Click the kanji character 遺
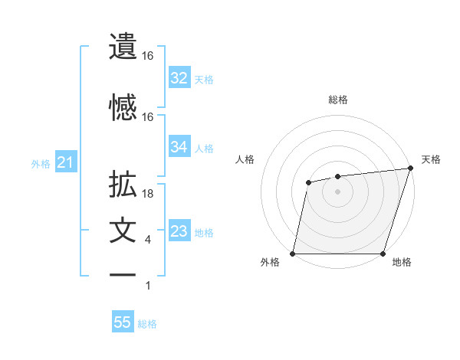click(123, 46)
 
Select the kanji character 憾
click(123, 106)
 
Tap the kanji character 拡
click(123, 185)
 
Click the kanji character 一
click(123, 274)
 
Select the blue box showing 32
click(179, 78)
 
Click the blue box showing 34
click(179, 147)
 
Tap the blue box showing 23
click(179, 231)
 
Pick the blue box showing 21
click(65, 162)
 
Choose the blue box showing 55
click(123, 322)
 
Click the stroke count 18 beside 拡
click(149, 194)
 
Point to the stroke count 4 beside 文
click(148, 240)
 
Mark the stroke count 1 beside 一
click(148, 286)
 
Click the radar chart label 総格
click(337, 100)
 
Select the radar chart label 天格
click(431, 159)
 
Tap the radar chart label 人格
click(245, 159)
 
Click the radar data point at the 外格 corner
click(293, 253)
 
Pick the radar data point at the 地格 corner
click(383, 253)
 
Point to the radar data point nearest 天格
click(410, 169)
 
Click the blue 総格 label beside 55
click(147, 324)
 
